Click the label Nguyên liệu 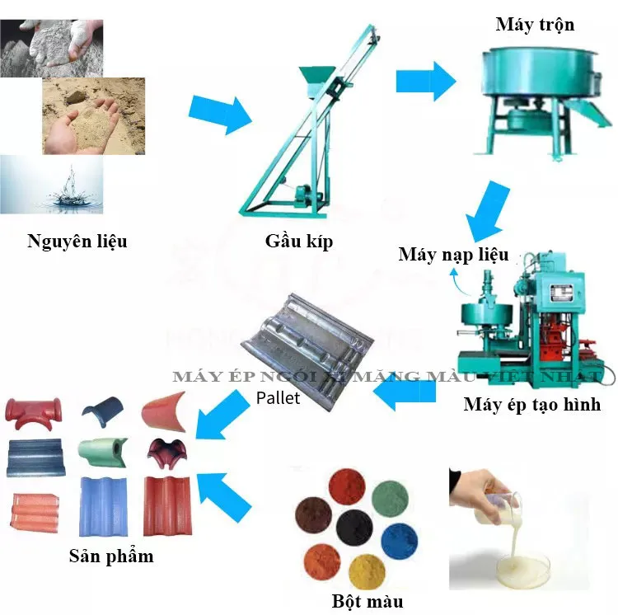click(x=77, y=242)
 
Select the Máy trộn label click(x=535, y=25)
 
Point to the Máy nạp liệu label click(x=453, y=254)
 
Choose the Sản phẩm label click(x=110, y=555)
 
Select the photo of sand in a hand click(x=93, y=115)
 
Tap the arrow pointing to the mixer click(x=425, y=81)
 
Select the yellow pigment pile click(x=368, y=571)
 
